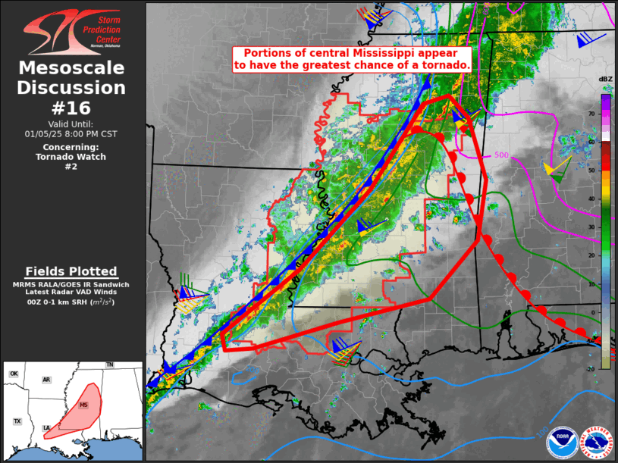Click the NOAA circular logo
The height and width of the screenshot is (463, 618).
pyautogui.click(x=562, y=439)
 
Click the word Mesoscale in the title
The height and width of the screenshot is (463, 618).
pyautogui.click(x=72, y=68)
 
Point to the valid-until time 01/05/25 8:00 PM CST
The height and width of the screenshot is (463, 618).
pyautogui.click(x=73, y=133)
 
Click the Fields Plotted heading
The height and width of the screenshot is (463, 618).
pyautogui.click(x=71, y=271)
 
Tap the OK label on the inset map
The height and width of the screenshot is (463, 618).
pyautogui.click(x=14, y=374)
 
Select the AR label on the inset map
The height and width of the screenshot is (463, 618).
pyautogui.click(x=46, y=380)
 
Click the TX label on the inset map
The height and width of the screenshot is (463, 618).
pyautogui.click(x=17, y=421)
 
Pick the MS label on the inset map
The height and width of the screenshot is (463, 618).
pyautogui.click(x=83, y=405)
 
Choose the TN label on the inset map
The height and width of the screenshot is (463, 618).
pyautogui.click(x=109, y=365)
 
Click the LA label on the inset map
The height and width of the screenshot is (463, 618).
pyautogui.click(x=46, y=427)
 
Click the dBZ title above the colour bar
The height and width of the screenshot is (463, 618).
pyautogui.click(x=605, y=80)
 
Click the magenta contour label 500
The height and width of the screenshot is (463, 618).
pyautogui.click(x=501, y=155)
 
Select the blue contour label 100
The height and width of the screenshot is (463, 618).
pyautogui.click(x=541, y=433)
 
